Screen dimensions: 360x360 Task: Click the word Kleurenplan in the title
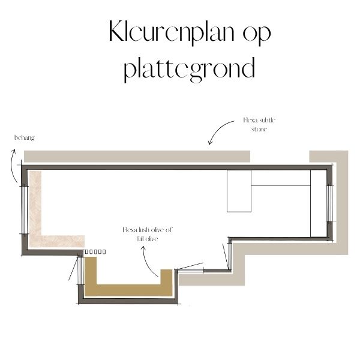172,32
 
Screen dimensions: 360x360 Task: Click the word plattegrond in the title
190,69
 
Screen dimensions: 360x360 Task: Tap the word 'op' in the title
257,34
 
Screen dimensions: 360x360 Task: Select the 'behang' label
25,138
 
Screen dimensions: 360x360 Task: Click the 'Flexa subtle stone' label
259,124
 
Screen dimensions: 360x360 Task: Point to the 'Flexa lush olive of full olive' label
147,234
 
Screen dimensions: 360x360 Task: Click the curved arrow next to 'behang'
12,166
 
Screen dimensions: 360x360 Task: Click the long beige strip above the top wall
137,157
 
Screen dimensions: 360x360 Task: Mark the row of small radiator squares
95,252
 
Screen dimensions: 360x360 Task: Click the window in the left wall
24,210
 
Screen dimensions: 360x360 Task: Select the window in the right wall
329,203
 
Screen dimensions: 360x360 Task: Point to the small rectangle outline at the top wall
239,191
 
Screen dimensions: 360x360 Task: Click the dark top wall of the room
177,167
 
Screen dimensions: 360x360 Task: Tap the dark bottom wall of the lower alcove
128,301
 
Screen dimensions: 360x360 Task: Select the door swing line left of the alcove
73,268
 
